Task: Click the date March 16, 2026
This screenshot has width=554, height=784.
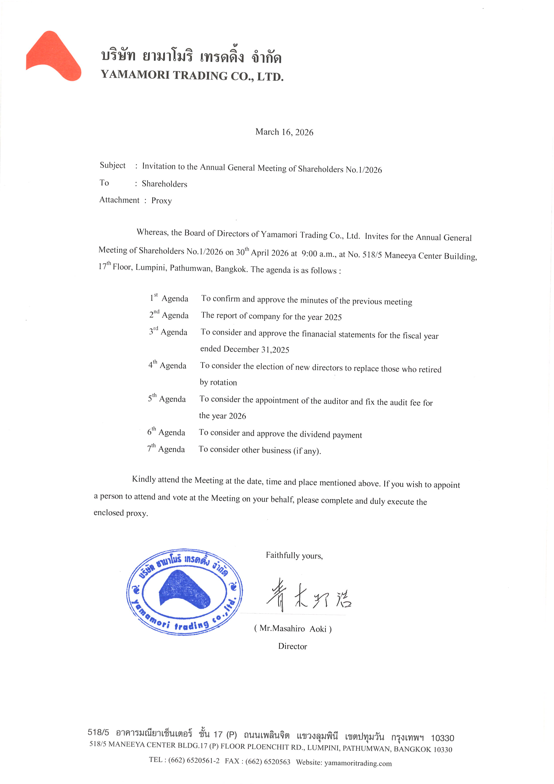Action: coord(284,132)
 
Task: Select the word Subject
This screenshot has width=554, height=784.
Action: coord(113,166)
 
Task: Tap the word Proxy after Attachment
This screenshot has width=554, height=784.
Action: coord(161,201)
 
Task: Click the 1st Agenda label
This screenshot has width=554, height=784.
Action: coord(169,298)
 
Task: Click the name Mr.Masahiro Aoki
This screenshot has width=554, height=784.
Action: coord(293,629)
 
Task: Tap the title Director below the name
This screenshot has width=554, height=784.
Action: coord(292,646)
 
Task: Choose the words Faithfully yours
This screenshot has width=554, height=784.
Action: coord(294,556)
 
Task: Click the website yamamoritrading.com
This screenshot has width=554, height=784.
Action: coord(358,763)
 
